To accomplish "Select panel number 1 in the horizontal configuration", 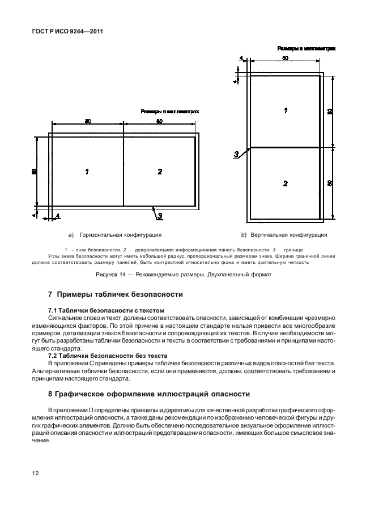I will coord(87,171).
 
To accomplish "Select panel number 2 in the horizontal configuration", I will coord(160,171).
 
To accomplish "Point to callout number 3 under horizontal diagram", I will coord(160,215).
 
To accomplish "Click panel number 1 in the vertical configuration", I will coord(286,111).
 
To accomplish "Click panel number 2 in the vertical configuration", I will coord(286,183).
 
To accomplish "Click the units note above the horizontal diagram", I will coord(170,112).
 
